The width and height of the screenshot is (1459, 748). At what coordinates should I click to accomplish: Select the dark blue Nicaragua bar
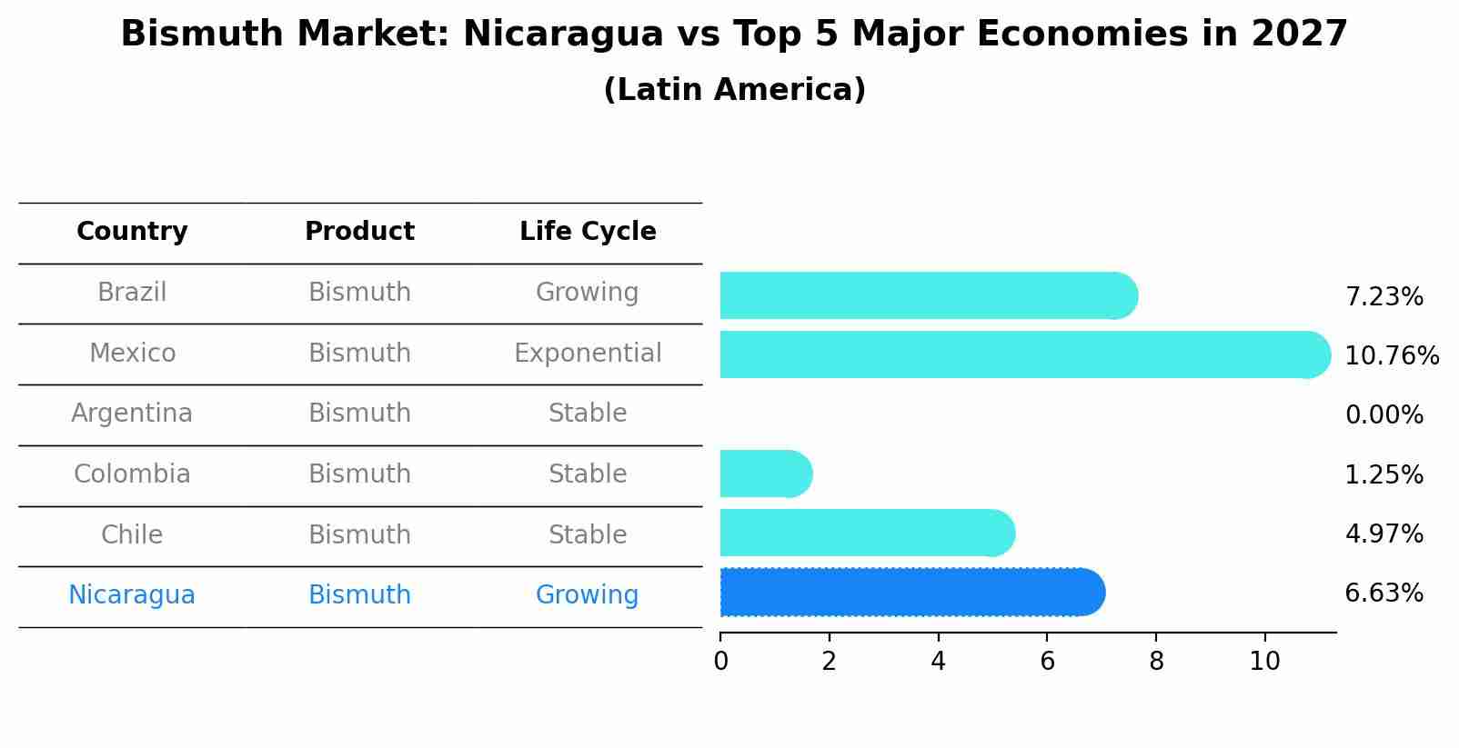[910, 593]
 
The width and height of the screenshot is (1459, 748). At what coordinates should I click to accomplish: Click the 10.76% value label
[1391, 355]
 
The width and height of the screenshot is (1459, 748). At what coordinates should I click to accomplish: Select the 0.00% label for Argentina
[1384, 415]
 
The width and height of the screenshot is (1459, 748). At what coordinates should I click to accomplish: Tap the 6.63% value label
[1384, 593]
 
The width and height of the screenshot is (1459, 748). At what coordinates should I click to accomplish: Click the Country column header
[132, 232]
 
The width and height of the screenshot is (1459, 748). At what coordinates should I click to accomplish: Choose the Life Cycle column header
[588, 232]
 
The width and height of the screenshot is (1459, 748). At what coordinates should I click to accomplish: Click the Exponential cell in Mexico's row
[588, 353]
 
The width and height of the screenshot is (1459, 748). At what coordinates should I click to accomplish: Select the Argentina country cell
[132, 414]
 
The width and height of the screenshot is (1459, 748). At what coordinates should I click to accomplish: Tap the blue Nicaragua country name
[132, 595]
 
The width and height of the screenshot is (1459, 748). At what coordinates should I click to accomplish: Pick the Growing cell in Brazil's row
[588, 293]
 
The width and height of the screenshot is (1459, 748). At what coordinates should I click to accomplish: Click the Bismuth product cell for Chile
[359, 534]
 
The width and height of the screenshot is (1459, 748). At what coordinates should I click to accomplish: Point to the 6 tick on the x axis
[1047, 661]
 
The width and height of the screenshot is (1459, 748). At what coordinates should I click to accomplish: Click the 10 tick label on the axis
[1264, 661]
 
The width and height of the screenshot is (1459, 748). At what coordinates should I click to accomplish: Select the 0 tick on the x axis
[720, 661]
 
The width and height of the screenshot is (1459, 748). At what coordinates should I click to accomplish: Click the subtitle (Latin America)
[734, 90]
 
